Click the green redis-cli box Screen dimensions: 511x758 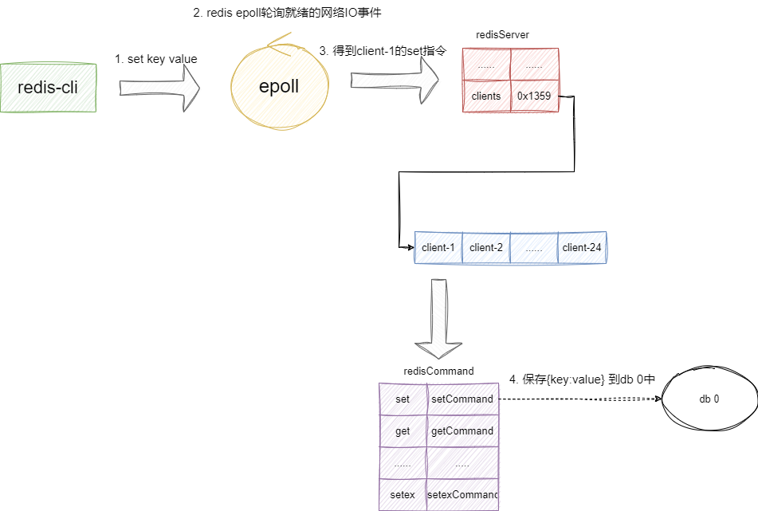pos(49,87)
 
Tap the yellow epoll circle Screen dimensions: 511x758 pos(278,86)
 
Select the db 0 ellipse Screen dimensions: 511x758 pos(709,399)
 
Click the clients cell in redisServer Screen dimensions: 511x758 pos(486,96)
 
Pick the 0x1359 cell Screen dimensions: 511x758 pos(534,96)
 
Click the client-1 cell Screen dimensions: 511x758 pos(438,247)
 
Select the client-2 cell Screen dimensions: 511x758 pos(486,247)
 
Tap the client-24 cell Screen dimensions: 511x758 pos(582,247)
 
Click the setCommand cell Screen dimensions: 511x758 pos(462,399)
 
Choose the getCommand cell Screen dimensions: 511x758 pos(462,431)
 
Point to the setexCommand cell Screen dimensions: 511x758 pos(462,494)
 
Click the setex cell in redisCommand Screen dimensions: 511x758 pos(403,494)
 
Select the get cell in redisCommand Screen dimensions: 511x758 pos(403,431)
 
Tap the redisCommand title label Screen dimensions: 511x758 pos(439,371)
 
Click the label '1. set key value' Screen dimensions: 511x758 pos(156,59)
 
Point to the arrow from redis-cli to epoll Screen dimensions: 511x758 pos(159,86)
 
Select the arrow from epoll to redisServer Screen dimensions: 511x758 pos(395,80)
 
